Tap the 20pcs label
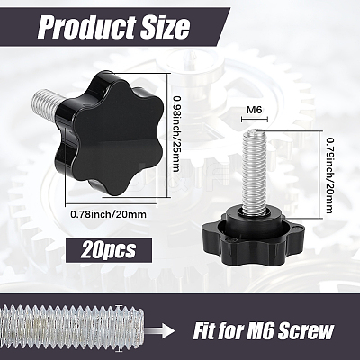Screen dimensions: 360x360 pyautogui.click(x=108, y=249)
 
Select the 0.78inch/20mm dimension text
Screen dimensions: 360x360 pyautogui.click(x=109, y=214)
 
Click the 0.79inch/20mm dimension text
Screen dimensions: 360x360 pyautogui.click(x=328, y=175)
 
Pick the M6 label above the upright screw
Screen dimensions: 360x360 pyautogui.click(x=254, y=110)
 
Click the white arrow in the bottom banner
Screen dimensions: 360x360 pyautogui.click(x=161, y=331)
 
